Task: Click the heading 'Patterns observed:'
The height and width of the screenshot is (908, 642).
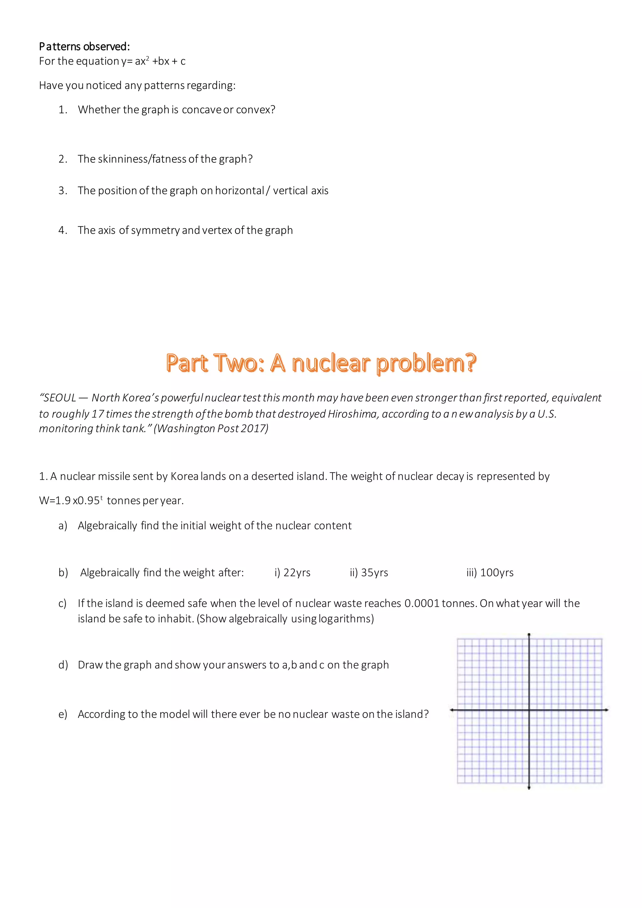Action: click(x=84, y=47)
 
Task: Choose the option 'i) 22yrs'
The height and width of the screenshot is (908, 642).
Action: click(x=292, y=573)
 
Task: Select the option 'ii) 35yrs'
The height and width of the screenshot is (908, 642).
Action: click(x=369, y=573)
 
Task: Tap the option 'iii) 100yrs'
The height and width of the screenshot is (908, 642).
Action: click(x=490, y=573)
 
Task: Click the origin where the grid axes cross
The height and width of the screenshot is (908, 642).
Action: click(x=529, y=710)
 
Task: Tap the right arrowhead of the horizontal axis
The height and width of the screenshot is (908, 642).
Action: click(x=607, y=710)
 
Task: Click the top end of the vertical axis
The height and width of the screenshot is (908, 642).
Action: click(x=529, y=635)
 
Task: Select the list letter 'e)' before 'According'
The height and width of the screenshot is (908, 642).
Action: click(x=63, y=714)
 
